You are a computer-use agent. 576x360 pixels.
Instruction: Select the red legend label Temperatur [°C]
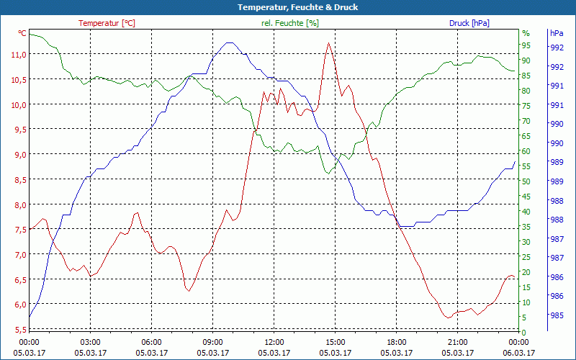[107, 23]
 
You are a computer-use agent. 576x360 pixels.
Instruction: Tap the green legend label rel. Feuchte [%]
[289, 23]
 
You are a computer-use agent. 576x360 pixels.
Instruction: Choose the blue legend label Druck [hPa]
[469, 23]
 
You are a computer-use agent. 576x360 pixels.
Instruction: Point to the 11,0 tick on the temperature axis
[17, 55]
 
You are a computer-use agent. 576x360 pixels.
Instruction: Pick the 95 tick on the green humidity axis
[526, 45]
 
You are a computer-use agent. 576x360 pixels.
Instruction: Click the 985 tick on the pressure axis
[557, 315]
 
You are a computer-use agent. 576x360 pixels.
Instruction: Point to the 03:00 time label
[90, 342]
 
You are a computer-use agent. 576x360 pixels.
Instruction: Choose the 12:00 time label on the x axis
[274, 342]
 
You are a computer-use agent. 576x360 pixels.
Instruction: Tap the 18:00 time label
[397, 342]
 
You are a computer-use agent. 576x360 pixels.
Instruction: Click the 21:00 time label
[458, 342]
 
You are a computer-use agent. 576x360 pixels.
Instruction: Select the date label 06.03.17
[518, 353]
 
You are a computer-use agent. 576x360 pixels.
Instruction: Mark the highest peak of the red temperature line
[328, 43]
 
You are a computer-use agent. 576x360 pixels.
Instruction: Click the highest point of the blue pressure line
[230, 42]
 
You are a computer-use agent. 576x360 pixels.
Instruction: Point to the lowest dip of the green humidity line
[328, 173]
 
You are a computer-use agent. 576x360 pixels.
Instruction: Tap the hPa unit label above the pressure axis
[557, 33]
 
